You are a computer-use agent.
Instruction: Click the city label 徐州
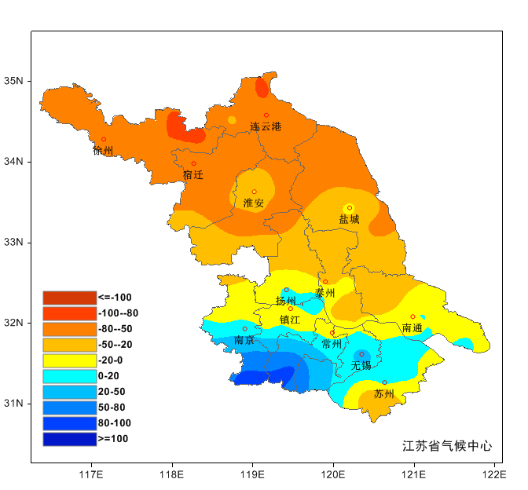[x=103, y=151]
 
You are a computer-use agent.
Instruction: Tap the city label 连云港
[x=266, y=126]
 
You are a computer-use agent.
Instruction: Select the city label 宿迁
[x=193, y=175]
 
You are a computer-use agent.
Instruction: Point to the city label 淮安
[x=254, y=203]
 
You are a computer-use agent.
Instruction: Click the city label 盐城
[x=349, y=220]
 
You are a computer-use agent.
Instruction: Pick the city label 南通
[x=412, y=327]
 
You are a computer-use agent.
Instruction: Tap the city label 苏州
[x=384, y=393]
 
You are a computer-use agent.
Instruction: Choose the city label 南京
[x=244, y=340]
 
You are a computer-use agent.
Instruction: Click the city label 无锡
[x=361, y=366]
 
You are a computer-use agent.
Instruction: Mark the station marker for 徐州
[x=104, y=140]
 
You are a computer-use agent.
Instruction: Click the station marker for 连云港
[x=266, y=115]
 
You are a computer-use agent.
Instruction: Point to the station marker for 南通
[x=412, y=316]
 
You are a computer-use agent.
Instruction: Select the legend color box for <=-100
[x=69, y=298]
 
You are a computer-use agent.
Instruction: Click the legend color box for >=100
[x=69, y=439]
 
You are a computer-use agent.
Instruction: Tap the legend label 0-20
[x=109, y=376]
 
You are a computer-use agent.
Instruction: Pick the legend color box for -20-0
[x=69, y=360]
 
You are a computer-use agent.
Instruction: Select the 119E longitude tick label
[x=252, y=474]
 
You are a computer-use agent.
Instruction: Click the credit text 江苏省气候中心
[x=447, y=446]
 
